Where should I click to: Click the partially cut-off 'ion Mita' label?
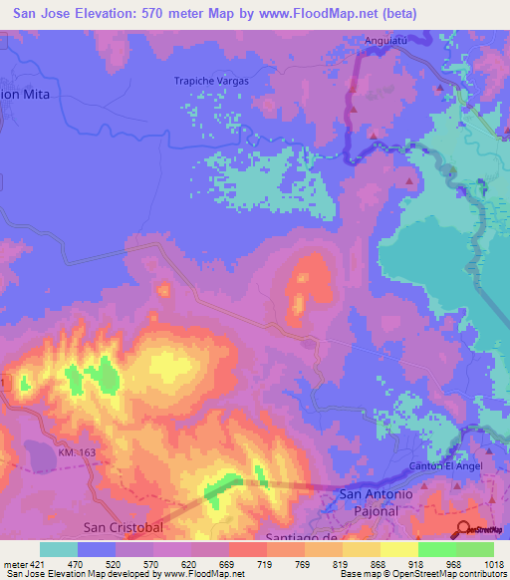(24, 93)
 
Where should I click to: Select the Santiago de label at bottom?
(296, 537)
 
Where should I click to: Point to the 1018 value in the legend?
(494, 563)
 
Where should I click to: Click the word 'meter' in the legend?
(15, 563)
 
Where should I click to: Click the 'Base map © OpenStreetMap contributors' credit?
(422, 574)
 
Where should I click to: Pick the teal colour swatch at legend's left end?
(59, 549)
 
